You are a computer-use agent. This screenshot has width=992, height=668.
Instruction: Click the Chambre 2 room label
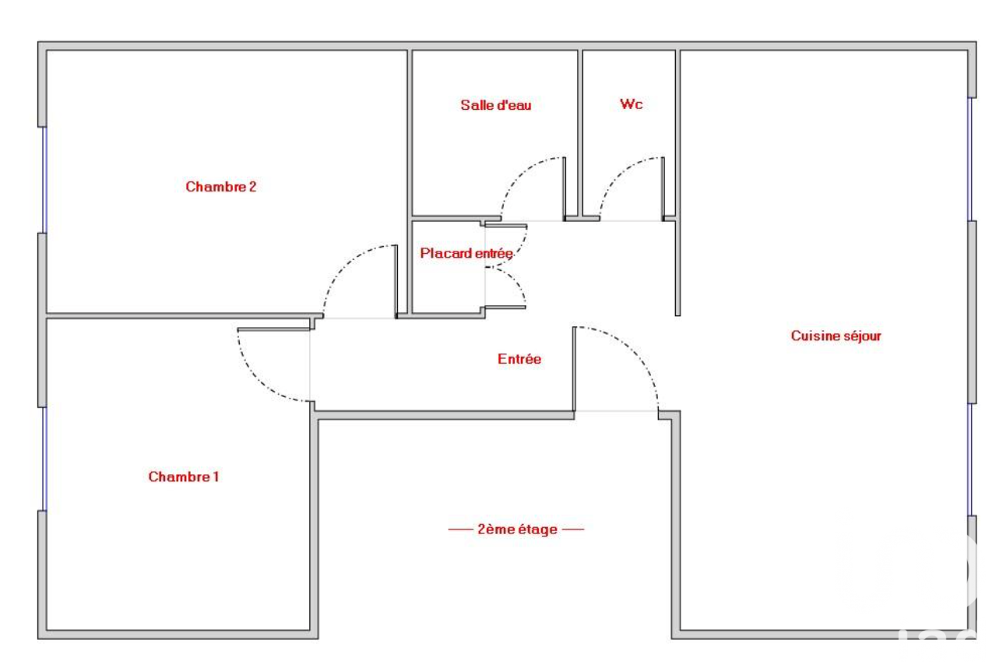coord(220,187)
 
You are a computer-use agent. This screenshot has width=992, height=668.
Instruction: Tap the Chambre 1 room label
coord(183,476)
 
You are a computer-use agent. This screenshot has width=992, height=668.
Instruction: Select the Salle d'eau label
coord(495,105)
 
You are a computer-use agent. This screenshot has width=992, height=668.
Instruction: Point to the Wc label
coord(631,104)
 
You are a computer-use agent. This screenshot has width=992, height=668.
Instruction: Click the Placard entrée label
coord(466,253)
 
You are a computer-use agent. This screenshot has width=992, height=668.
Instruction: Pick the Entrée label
coord(519,359)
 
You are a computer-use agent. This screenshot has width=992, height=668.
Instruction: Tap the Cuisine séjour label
coord(835,336)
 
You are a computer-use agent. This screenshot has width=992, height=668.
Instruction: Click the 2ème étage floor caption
coord(517,529)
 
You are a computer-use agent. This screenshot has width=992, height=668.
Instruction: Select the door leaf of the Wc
coord(663,188)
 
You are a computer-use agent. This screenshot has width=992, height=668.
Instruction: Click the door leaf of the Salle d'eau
coord(565,188)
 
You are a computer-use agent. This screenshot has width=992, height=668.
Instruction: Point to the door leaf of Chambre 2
coord(396,282)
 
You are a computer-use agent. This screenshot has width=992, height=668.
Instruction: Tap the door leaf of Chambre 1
coord(273,330)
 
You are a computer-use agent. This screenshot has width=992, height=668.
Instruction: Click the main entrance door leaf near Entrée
coord(575,369)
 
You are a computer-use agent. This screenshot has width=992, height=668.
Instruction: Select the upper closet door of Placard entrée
coord(506,227)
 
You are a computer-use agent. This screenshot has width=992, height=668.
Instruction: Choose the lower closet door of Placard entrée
coord(505,308)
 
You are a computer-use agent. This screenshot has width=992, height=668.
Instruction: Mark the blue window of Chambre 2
coord(44,180)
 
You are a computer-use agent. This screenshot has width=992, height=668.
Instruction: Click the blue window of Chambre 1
coord(44,459)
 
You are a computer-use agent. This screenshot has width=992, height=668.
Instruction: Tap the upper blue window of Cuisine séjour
coord(970,159)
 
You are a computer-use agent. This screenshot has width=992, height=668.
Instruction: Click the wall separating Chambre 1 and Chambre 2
coord(184,315)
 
